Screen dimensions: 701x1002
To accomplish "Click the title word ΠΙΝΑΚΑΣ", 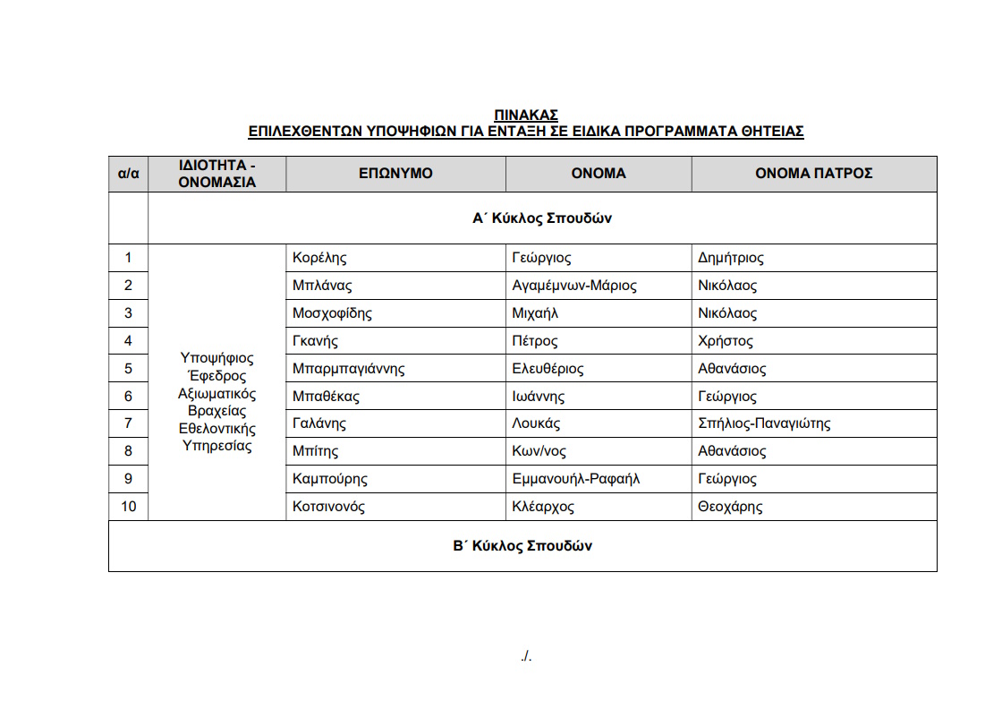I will click(x=526, y=115).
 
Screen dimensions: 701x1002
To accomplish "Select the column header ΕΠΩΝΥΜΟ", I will click(x=395, y=174).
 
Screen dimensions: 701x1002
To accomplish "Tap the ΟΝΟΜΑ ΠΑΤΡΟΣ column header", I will click(x=813, y=174).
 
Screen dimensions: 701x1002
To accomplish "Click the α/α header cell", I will click(x=128, y=174).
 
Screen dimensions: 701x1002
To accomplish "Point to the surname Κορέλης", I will click(x=319, y=259).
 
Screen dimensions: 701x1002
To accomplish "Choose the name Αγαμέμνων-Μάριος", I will click(x=574, y=286).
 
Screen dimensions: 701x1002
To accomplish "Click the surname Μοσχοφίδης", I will click(x=332, y=314).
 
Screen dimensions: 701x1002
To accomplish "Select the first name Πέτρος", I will click(x=535, y=341).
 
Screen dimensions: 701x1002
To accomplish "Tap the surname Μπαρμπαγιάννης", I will click(x=349, y=369).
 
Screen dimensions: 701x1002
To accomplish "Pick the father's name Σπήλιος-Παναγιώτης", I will click(x=764, y=424).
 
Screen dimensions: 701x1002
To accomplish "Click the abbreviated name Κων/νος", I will click(x=539, y=452).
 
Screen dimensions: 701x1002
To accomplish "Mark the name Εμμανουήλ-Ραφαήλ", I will click(x=576, y=480).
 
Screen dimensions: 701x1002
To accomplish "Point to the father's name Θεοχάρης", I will click(x=730, y=508).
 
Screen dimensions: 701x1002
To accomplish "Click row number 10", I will click(x=128, y=508).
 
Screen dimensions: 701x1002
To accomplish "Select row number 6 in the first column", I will click(x=128, y=397).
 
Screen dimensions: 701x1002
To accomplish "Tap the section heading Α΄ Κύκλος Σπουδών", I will click(x=542, y=218).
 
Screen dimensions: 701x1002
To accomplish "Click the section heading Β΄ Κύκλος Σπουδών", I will click(x=522, y=546).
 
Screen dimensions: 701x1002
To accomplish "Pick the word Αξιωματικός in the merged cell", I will click(x=217, y=394).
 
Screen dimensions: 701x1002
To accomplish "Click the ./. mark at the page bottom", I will click(x=526, y=657).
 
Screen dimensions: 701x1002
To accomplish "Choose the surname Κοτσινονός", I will click(x=328, y=508).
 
